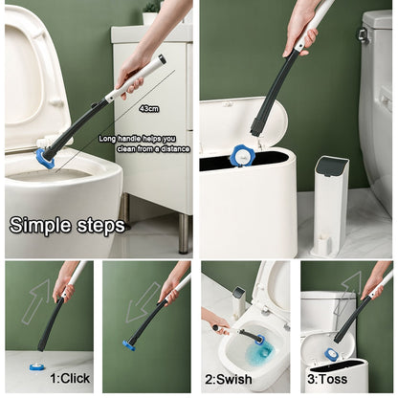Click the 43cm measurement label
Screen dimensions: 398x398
(149, 108)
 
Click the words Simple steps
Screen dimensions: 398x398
(67, 226)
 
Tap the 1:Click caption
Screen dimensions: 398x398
(70, 378)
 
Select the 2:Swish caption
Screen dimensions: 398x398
(228, 378)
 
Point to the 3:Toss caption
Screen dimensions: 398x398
(328, 378)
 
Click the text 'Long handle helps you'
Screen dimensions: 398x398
(144, 138)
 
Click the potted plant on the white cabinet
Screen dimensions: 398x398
(150, 12)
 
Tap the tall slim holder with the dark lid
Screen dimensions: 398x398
(330, 205)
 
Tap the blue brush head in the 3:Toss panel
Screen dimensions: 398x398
(331, 355)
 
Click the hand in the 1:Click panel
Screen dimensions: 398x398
(64, 283)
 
